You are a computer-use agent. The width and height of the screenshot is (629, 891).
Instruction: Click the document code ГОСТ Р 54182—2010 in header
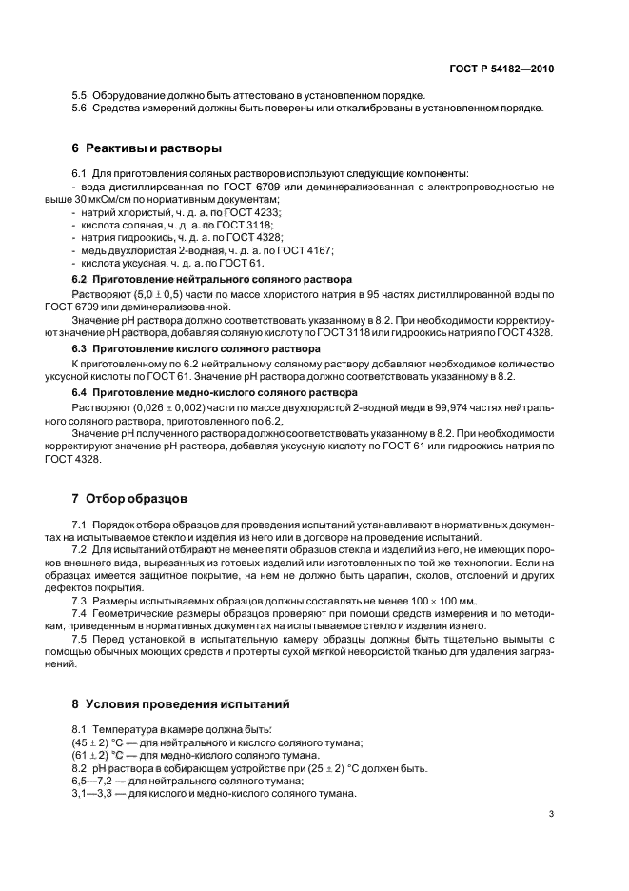pyautogui.click(x=502, y=69)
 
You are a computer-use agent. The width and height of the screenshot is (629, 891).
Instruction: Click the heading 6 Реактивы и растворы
pyautogui.click(x=147, y=148)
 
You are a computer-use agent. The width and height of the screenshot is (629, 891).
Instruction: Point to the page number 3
pyautogui.click(x=551, y=814)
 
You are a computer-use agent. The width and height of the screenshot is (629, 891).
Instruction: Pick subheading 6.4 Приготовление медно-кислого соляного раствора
pyautogui.click(x=214, y=392)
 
